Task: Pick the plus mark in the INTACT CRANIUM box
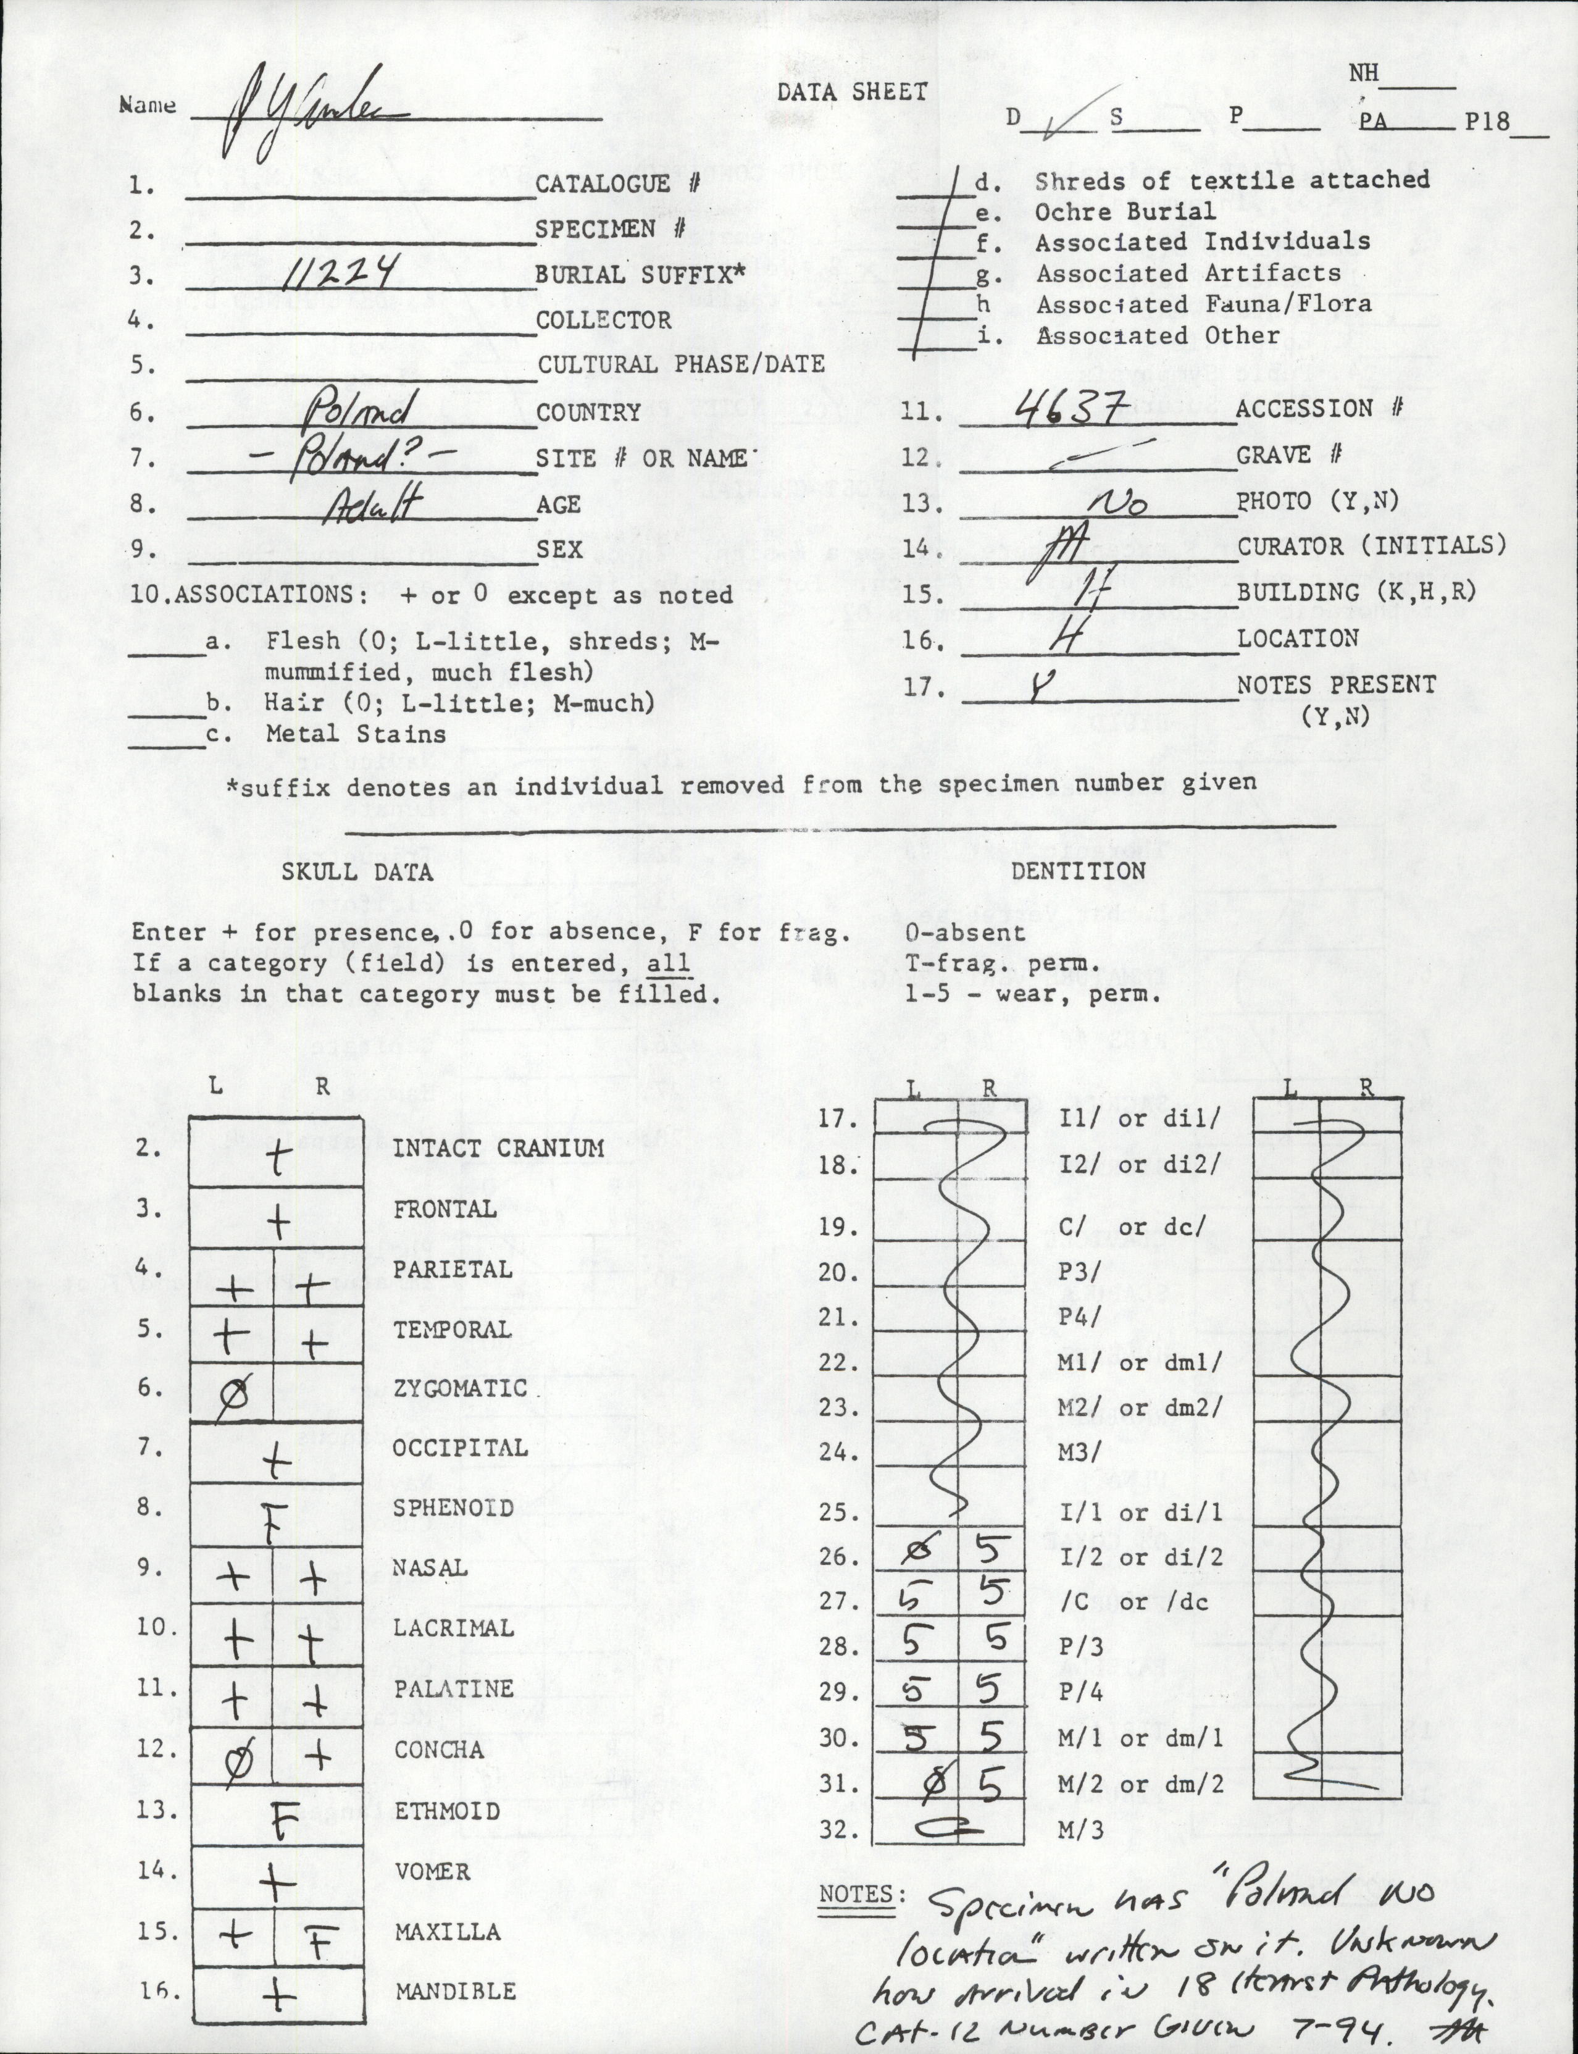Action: pos(278,1157)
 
